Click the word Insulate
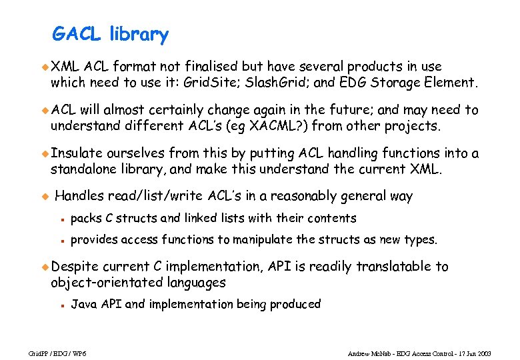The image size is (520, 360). point(77,153)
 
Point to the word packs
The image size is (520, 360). point(85,218)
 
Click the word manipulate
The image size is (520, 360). point(261,239)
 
